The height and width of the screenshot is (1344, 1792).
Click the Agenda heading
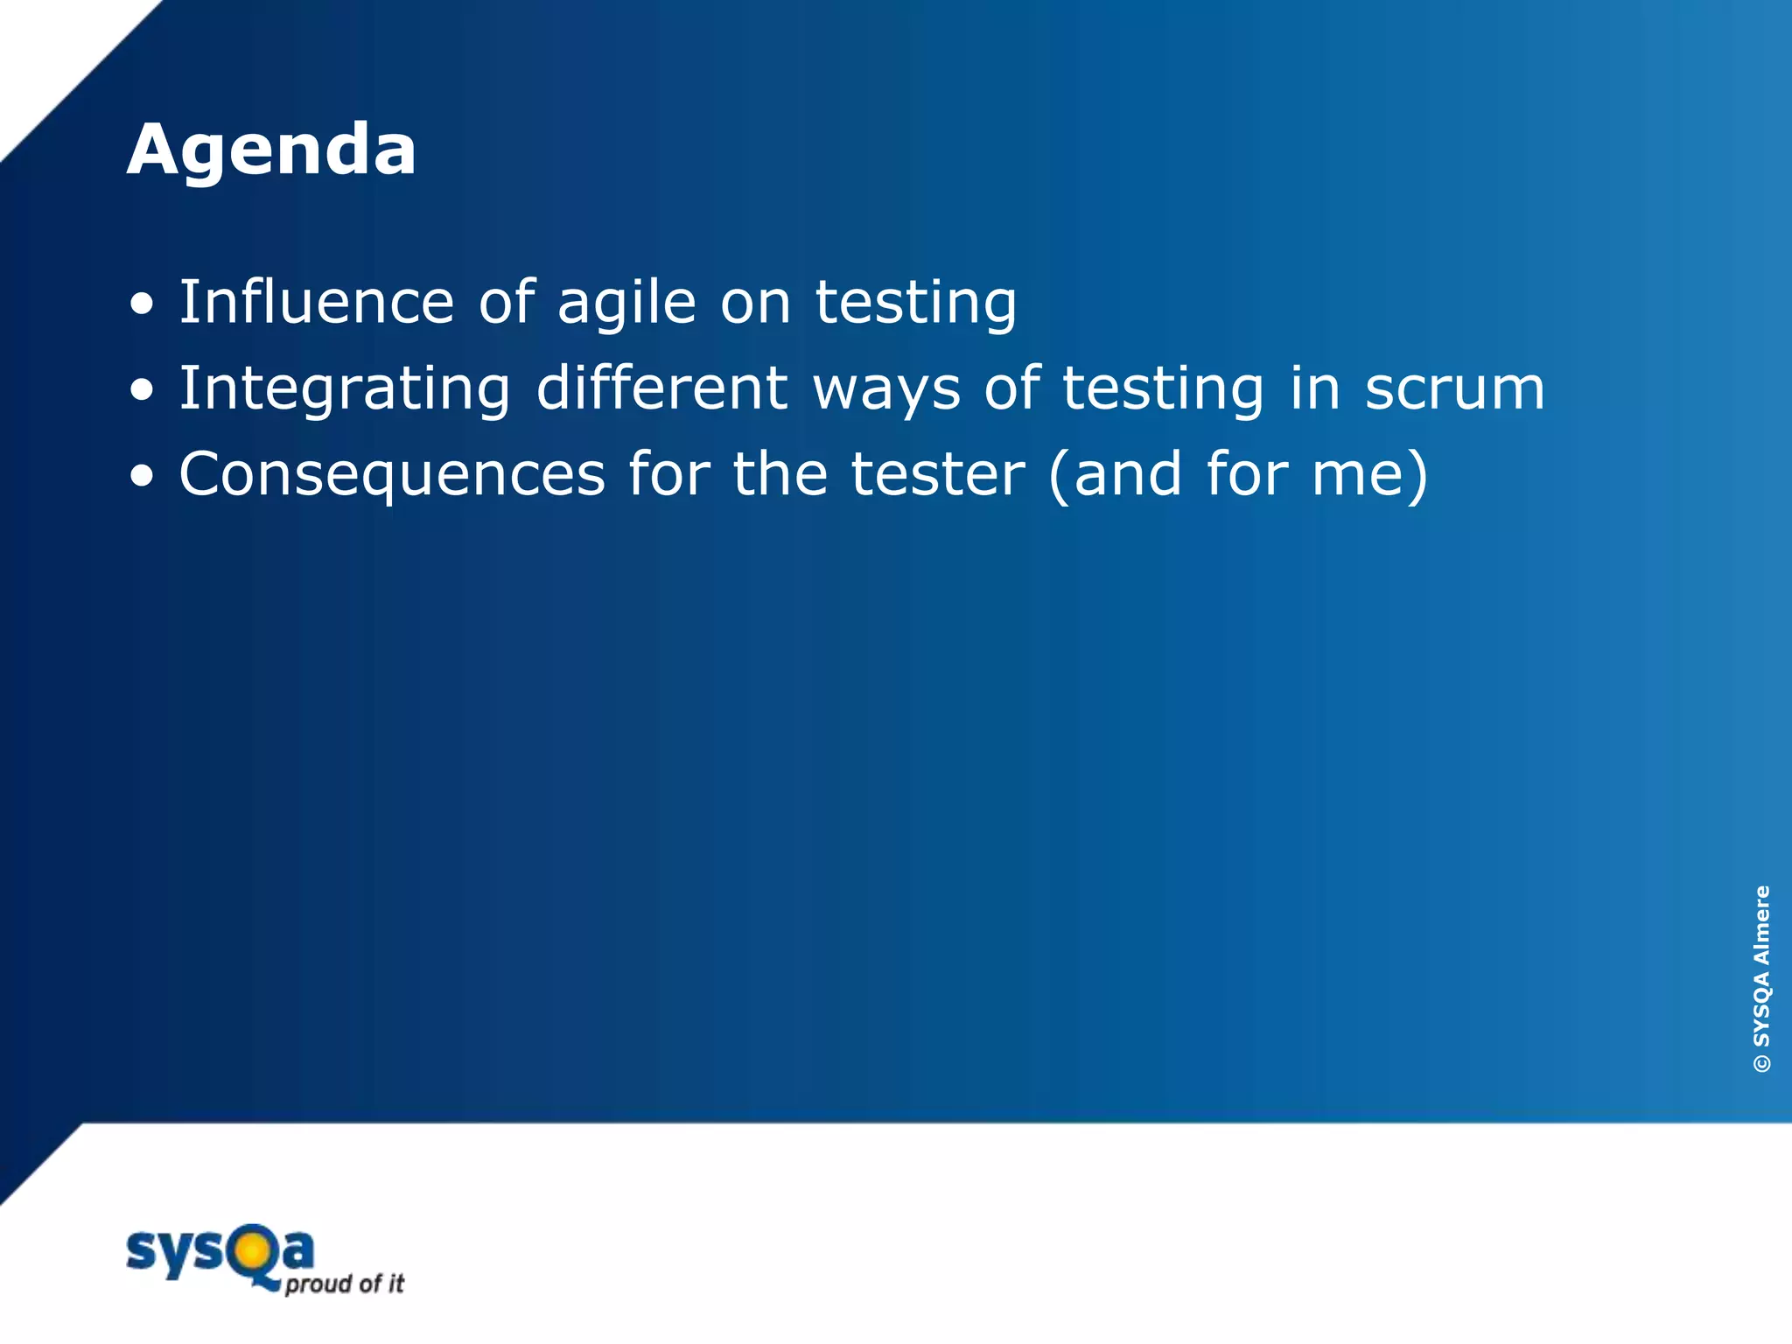(x=271, y=150)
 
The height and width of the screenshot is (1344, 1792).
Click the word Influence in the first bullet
(x=316, y=302)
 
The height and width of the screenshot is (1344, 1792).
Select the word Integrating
(x=345, y=388)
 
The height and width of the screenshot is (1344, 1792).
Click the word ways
(x=886, y=390)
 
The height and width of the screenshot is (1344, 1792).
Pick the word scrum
(x=1455, y=388)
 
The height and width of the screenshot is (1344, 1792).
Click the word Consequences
(x=392, y=475)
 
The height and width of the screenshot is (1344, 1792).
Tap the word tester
(x=937, y=474)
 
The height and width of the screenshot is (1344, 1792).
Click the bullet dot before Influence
(x=142, y=305)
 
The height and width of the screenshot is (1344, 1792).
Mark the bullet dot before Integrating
(x=142, y=391)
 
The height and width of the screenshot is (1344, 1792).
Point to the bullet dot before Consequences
(x=142, y=477)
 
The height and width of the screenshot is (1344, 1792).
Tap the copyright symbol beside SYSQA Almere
(x=1761, y=1064)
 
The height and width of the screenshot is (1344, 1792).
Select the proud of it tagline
(x=345, y=1284)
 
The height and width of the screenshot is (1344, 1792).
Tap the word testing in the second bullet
(x=1164, y=390)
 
